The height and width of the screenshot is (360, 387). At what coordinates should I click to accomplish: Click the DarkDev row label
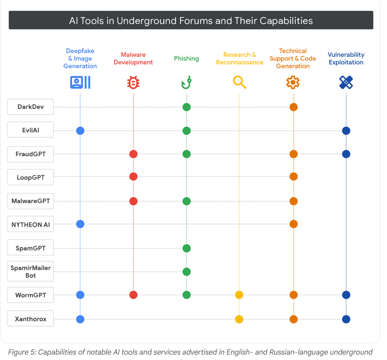click(x=31, y=107)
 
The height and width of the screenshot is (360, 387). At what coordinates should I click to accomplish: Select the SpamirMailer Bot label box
click(x=31, y=272)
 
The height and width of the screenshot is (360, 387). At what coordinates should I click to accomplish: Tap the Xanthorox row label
click(x=31, y=319)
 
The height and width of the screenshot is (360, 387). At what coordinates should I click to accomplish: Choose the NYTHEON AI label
click(x=31, y=224)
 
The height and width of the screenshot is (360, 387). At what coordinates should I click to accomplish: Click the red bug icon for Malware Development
click(x=133, y=82)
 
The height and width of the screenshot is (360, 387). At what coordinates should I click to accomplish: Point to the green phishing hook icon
click(x=186, y=82)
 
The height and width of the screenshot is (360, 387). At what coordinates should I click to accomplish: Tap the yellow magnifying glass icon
click(x=240, y=82)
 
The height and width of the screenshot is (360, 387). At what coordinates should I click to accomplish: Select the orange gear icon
click(x=293, y=82)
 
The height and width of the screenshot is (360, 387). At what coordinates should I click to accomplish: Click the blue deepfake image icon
click(x=80, y=82)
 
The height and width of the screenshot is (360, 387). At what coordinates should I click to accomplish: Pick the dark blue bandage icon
click(x=346, y=82)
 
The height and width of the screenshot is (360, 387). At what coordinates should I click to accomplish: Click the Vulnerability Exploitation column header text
click(x=346, y=59)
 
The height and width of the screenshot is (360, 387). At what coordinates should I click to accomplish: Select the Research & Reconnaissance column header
click(x=240, y=59)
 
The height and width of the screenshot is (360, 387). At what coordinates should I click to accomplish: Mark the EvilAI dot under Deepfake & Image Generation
click(x=80, y=131)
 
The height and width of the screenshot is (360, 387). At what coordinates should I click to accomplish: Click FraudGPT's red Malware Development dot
click(x=133, y=154)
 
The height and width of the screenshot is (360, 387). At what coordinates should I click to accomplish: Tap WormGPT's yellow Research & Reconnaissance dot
click(x=239, y=295)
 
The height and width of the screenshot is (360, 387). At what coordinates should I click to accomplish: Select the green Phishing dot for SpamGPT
click(x=186, y=248)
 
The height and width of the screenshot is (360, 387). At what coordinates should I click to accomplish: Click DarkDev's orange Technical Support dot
click(x=293, y=107)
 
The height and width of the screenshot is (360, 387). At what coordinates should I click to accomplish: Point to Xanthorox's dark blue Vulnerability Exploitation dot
click(x=346, y=319)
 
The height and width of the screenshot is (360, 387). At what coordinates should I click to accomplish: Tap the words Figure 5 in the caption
click(x=23, y=352)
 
